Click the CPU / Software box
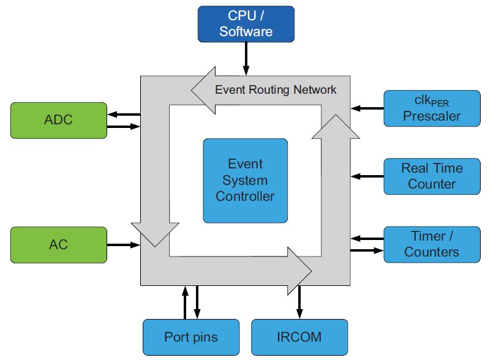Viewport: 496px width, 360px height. [246, 24]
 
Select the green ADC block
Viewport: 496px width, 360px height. [59, 120]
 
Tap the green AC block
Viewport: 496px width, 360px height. [59, 245]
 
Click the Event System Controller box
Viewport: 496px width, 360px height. [245, 180]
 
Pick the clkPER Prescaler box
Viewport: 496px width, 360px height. [431, 107]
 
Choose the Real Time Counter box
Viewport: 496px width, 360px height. [431, 176]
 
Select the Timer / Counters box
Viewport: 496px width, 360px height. [431, 244]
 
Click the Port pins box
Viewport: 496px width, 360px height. [190, 337]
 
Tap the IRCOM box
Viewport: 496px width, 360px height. [299, 337]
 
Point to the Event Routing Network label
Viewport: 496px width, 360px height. [276, 90]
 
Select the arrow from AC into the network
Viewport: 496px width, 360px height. [124, 245]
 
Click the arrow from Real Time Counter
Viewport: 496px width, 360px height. [367, 176]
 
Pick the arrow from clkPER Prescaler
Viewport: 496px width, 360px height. [367, 108]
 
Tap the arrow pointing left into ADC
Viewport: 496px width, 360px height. [124, 113]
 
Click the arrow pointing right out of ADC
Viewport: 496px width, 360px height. [124, 127]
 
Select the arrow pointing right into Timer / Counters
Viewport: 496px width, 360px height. [367, 250]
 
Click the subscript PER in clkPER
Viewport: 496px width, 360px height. [440, 102]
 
